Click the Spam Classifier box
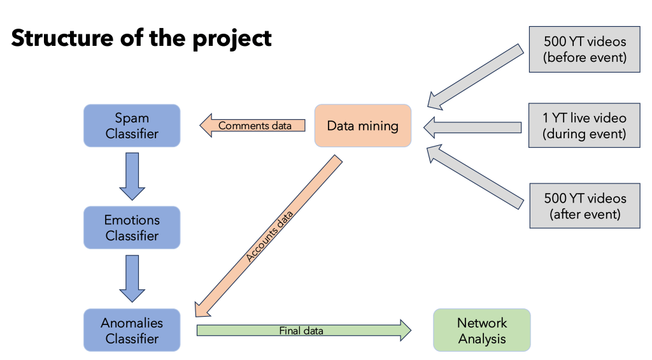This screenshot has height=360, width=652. point(132,126)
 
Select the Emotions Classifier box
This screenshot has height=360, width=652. point(132,227)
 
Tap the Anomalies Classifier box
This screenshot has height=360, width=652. point(132,330)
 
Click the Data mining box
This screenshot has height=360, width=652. point(363,126)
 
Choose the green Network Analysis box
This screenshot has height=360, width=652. point(482,330)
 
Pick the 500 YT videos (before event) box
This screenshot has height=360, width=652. point(585,49)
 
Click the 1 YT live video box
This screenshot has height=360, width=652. point(585,126)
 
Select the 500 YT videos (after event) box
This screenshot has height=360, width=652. point(585,206)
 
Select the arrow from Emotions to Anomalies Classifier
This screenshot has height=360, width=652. point(132,278)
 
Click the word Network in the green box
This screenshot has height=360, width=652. point(482,322)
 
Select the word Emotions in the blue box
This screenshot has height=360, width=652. point(132,220)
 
